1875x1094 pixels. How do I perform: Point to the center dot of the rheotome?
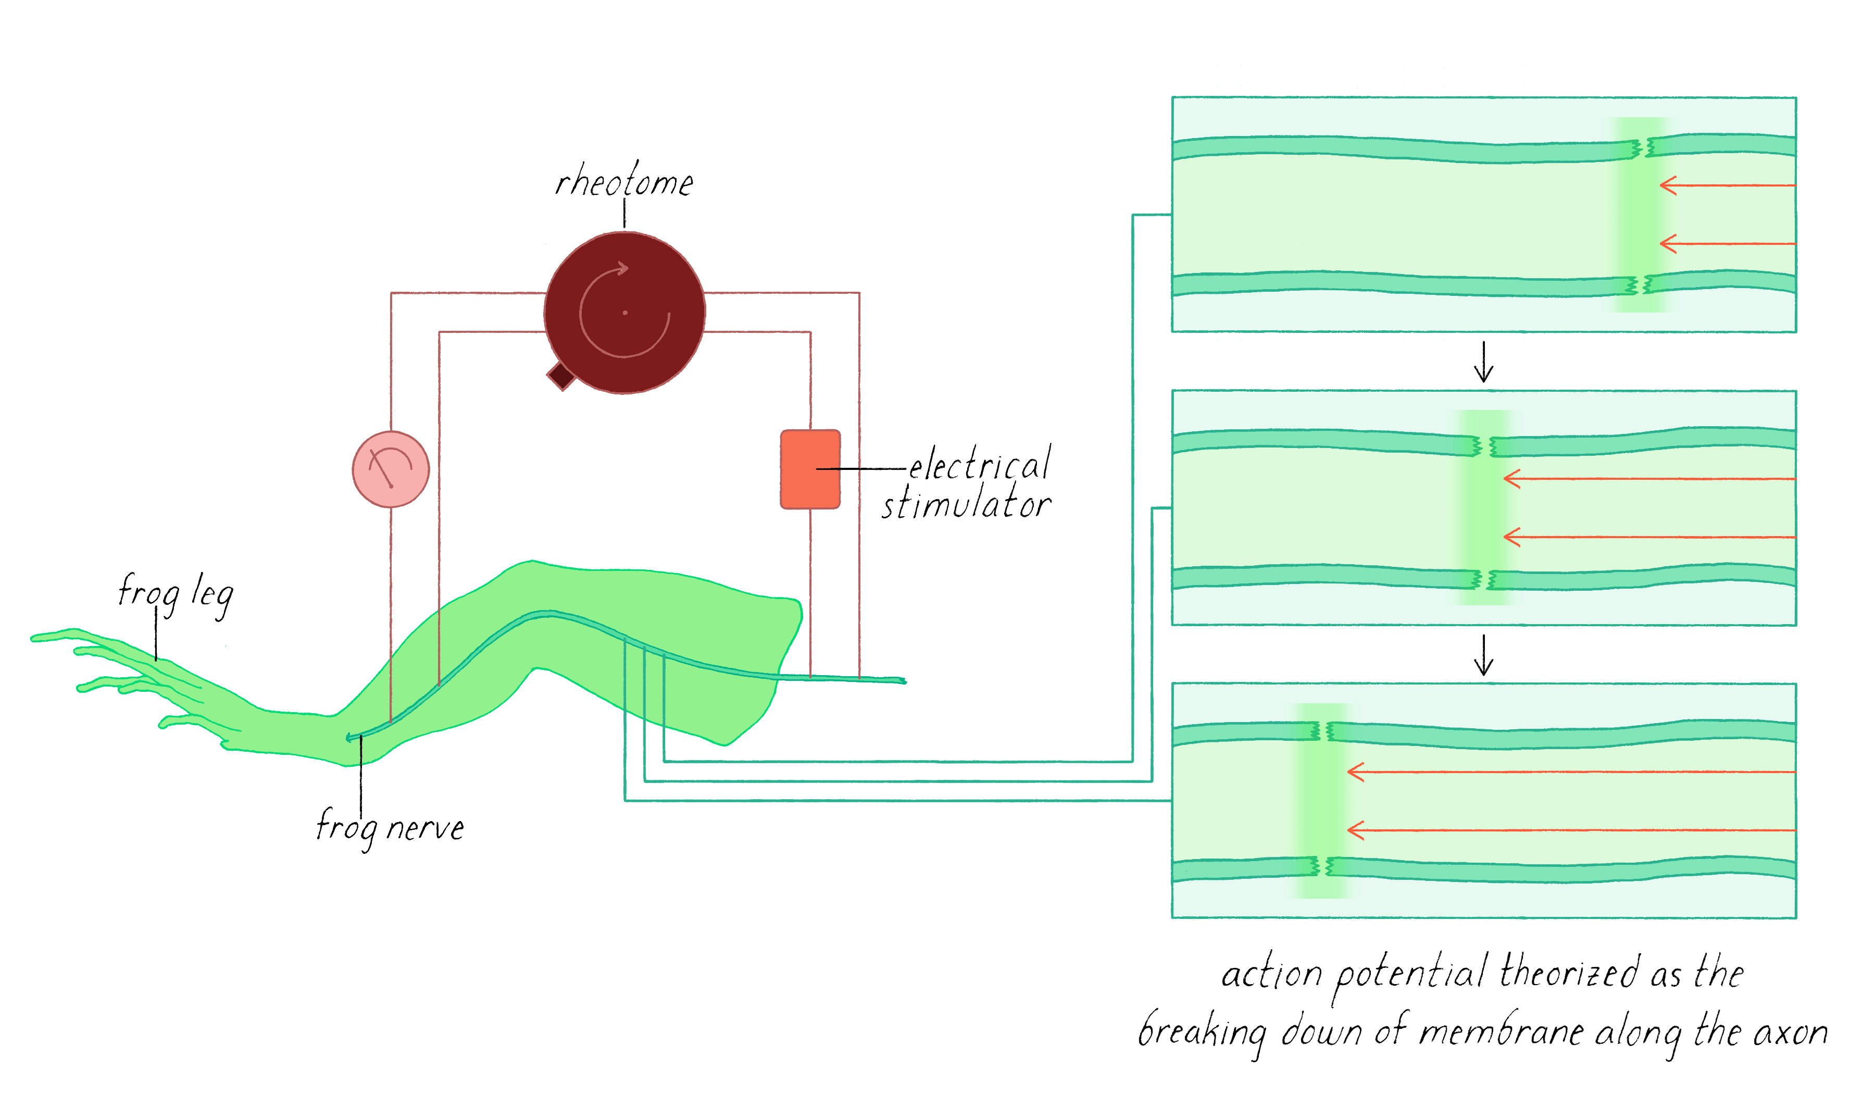[x=625, y=313]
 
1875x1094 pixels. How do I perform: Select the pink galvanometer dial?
[x=391, y=469]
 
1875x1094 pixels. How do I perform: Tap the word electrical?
[x=979, y=464]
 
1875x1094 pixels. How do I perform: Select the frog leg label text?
[x=176, y=594]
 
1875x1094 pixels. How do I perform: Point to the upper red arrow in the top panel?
[x=1726, y=184]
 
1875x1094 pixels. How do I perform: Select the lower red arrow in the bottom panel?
[x=1570, y=830]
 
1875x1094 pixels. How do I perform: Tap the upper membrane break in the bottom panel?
[x=1321, y=731]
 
